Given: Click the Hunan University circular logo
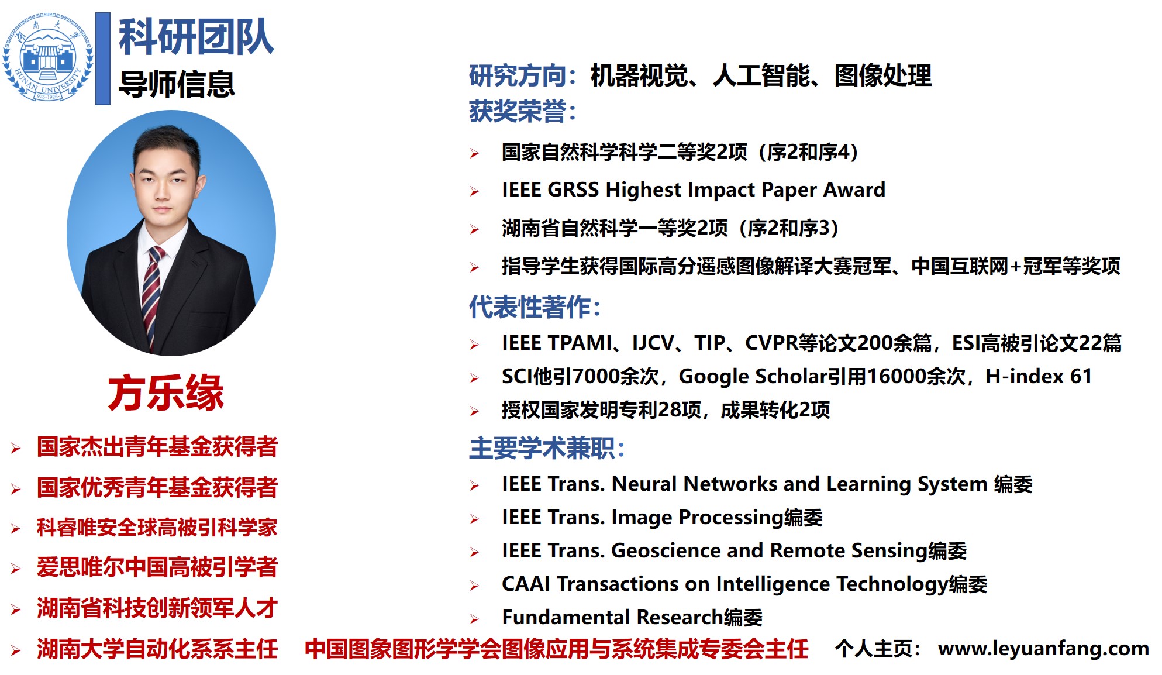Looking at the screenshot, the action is pos(48,57).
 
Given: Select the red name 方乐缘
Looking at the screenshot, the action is pos(166,392).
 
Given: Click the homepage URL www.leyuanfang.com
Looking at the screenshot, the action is pos(1043,648).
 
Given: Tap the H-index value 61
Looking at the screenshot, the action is pos(1081,376).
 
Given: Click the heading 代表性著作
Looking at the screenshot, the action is pos(535,307).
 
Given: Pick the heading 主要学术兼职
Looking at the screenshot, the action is pos(547,449).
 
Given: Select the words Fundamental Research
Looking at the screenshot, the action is pos(613,617).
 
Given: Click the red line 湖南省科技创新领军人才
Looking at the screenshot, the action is pos(157,608).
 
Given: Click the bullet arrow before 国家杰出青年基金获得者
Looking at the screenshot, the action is pos(16,449).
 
